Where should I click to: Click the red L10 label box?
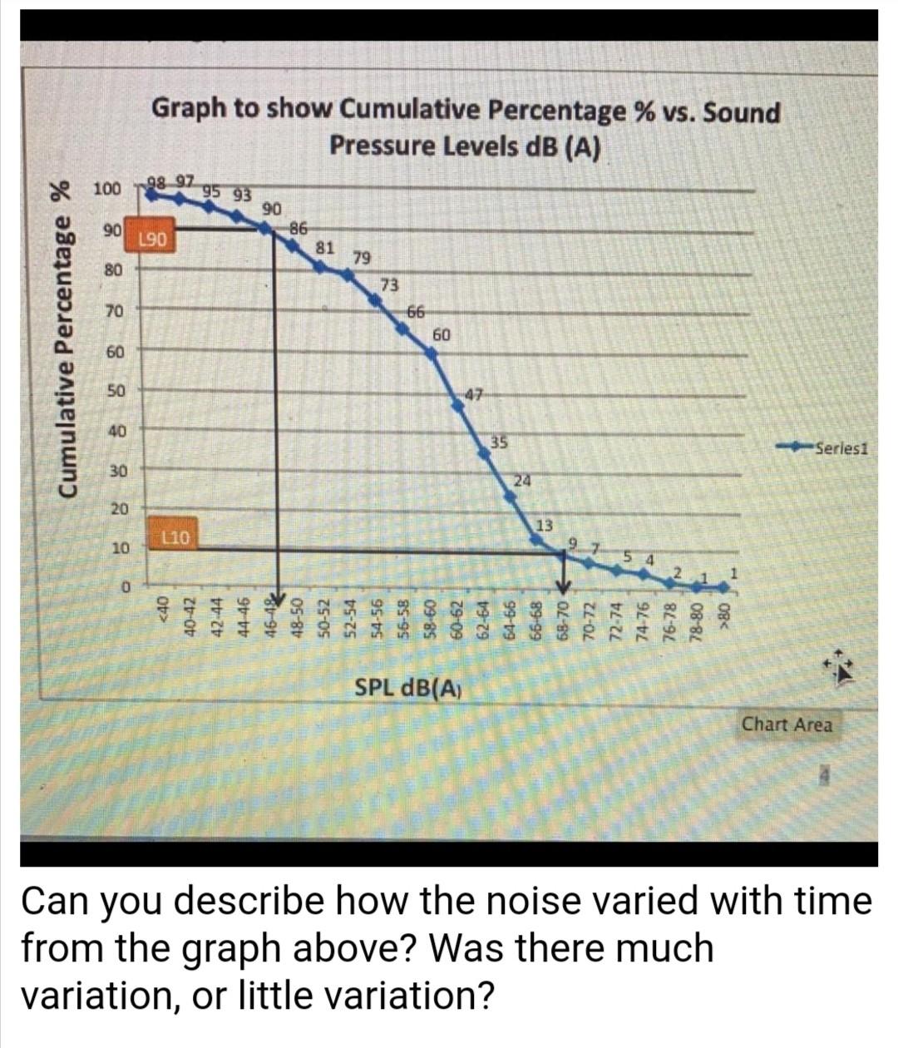coord(176,538)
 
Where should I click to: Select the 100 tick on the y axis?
coord(107,189)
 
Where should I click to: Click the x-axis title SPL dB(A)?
coord(408,688)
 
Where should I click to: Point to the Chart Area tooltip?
coord(787,724)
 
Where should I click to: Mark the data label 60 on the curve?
coord(442,335)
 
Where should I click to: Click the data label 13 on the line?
coord(544,526)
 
